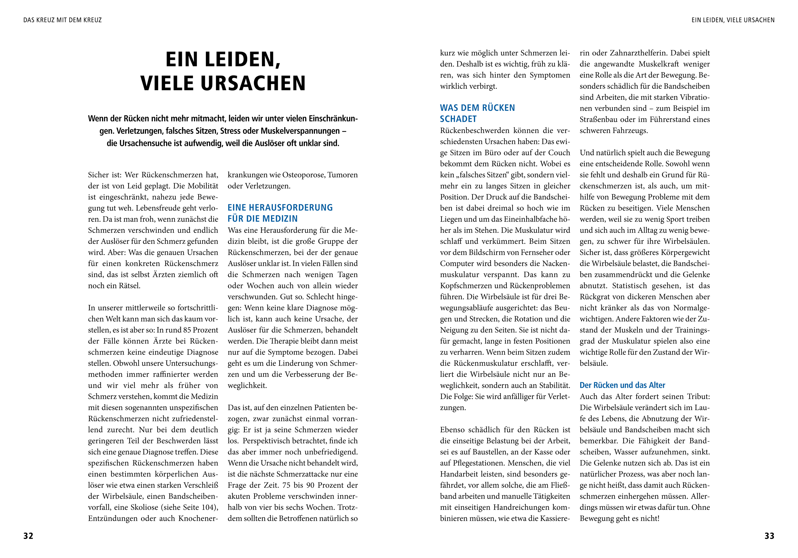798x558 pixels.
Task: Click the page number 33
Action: click(769, 536)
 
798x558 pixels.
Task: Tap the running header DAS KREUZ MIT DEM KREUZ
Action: click(63, 20)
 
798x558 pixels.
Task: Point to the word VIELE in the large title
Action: click(166, 83)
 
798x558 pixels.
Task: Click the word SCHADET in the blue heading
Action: click(458, 119)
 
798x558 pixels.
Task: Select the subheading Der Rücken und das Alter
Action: click(622, 385)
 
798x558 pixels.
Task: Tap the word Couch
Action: click(559, 153)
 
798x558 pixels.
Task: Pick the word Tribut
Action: click(698, 396)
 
